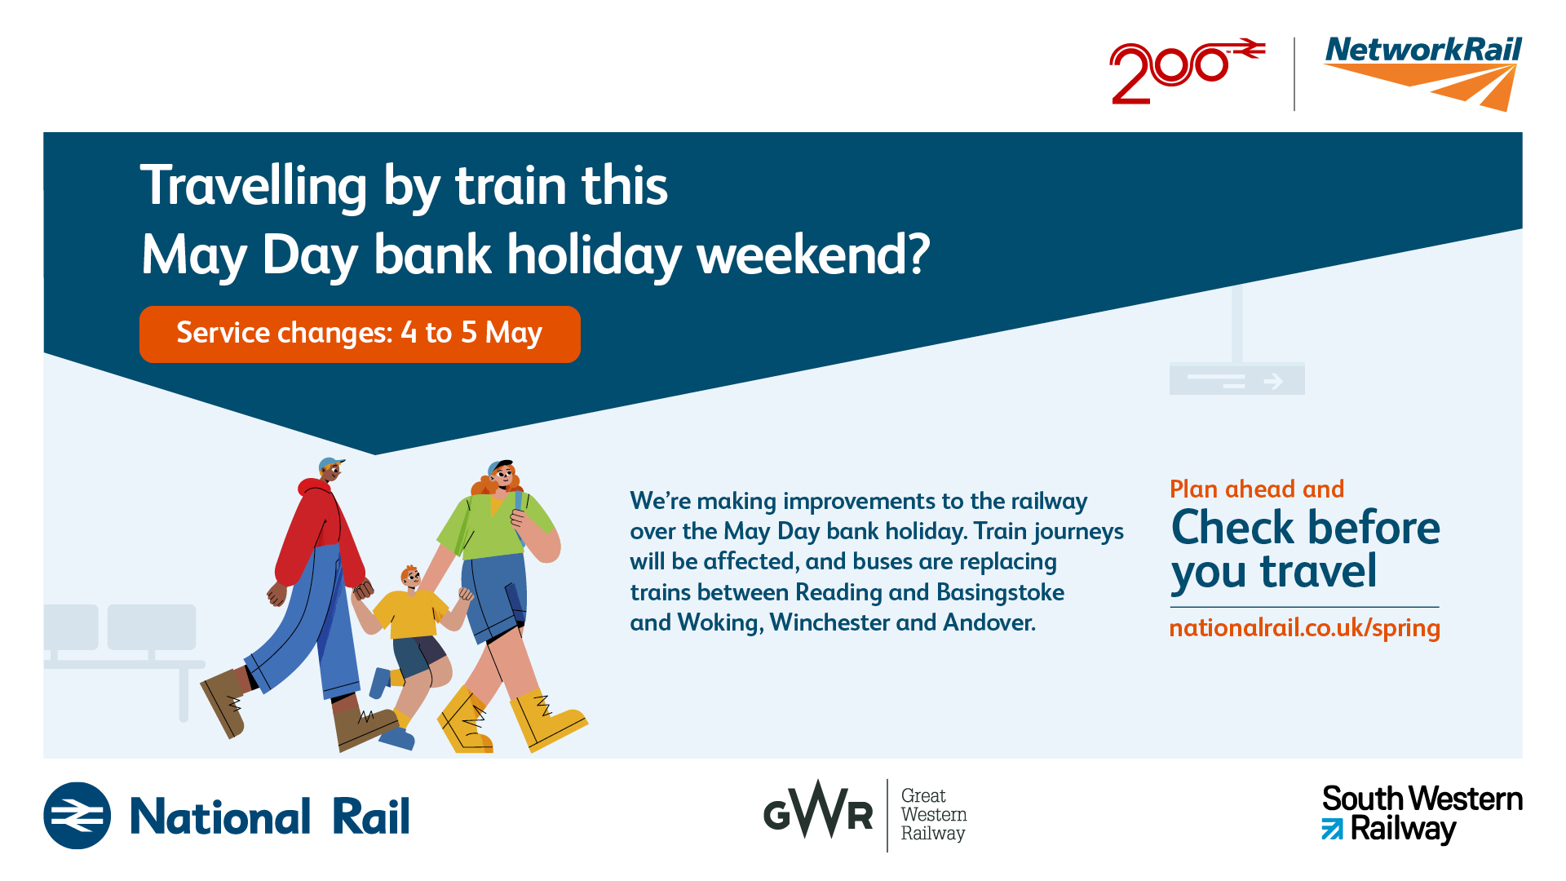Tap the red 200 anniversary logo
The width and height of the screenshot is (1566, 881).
(x=1187, y=72)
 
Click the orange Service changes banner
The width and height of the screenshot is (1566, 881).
(x=360, y=334)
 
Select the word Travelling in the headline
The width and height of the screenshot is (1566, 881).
(x=254, y=186)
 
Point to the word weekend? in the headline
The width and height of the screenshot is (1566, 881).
(x=813, y=255)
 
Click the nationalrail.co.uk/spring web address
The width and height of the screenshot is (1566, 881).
(x=1305, y=628)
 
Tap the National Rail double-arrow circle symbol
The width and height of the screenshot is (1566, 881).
(x=77, y=816)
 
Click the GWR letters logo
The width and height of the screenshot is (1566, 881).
(x=818, y=812)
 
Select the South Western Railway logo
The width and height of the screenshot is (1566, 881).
(x=1422, y=813)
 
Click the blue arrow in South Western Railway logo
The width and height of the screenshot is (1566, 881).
(x=1332, y=829)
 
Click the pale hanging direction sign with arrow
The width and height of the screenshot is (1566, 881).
(x=1236, y=379)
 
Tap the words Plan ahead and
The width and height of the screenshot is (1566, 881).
(x=1257, y=489)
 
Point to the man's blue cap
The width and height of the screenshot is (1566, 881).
(x=330, y=464)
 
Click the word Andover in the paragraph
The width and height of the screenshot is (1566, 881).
(x=989, y=622)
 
